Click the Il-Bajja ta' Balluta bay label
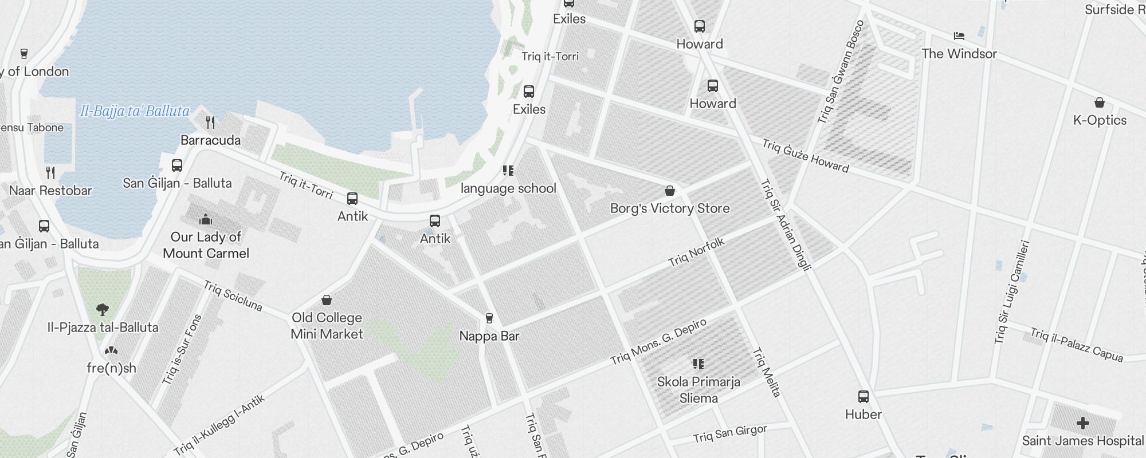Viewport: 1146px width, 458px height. point(135,111)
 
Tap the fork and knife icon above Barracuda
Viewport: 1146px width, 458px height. point(210,122)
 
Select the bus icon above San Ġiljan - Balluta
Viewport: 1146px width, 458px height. point(177,165)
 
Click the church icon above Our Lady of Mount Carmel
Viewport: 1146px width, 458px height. point(206,219)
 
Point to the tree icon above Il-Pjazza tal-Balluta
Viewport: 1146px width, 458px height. point(103,310)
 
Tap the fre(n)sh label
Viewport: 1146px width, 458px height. point(111,368)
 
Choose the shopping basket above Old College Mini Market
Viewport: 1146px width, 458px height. point(327,300)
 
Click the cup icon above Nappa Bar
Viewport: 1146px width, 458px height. point(489,318)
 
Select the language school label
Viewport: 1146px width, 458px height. point(508,188)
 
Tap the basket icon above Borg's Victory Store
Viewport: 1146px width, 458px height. point(670,191)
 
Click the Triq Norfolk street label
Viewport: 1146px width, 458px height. point(696,252)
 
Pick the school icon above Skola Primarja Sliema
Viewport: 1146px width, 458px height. point(698,364)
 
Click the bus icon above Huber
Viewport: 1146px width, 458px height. point(863,396)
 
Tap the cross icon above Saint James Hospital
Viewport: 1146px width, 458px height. point(1082,423)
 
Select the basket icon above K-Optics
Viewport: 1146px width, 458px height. point(1099,102)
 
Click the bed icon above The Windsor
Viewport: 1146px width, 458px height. point(959,36)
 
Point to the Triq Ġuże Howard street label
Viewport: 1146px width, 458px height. point(805,155)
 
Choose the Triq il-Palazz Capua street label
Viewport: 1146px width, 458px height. point(1076,345)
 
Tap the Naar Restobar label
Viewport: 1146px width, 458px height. point(50,191)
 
